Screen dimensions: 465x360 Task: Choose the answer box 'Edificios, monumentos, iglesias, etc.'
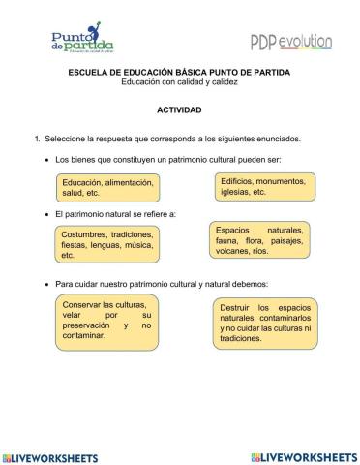263,186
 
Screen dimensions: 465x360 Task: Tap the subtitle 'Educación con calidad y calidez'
179,81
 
